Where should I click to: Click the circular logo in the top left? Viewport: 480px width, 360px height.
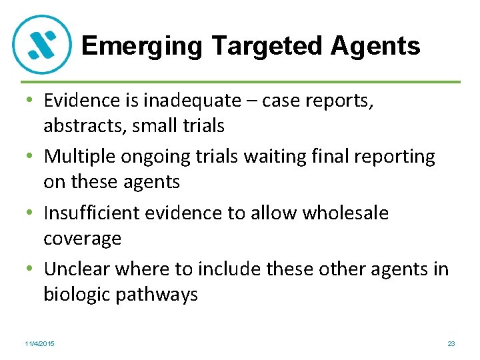[42, 45]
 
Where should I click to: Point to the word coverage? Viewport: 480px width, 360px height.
[83, 239]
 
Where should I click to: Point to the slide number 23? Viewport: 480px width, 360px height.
[451, 343]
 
